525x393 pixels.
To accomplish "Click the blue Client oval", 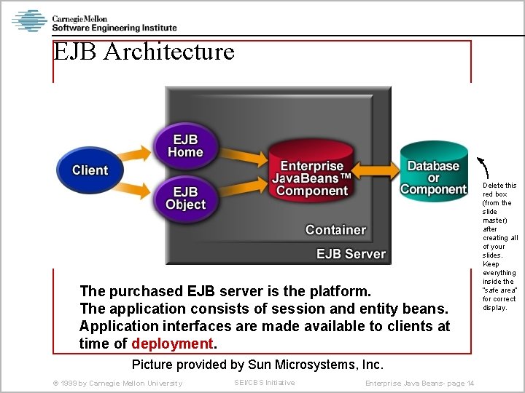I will [90, 170].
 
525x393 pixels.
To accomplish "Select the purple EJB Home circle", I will [185, 146].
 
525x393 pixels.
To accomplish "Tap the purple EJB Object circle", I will [185, 197].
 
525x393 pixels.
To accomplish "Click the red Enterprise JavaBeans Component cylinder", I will [311, 178].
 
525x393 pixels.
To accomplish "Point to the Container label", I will [335, 230].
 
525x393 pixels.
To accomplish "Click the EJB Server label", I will [350, 254].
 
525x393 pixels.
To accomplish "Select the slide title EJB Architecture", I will [144, 52].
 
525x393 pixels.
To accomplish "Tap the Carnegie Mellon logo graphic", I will [29, 21].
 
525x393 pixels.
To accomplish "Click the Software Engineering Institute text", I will [114, 28].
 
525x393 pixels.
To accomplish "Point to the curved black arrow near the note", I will [482, 165].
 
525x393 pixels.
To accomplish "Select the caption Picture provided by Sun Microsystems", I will [257, 364].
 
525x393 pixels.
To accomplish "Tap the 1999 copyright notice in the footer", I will [117, 384].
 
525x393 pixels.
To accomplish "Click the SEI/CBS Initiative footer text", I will [264, 383].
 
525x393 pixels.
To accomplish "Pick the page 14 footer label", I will [419, 384].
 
